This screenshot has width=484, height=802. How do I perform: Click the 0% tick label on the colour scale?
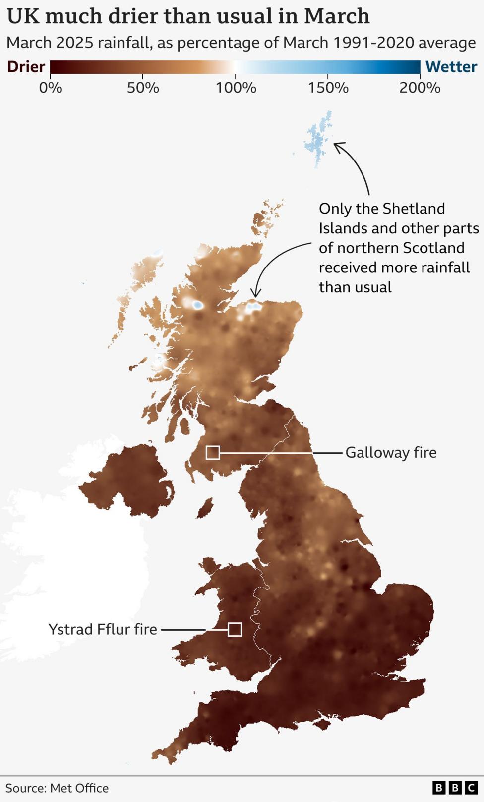click(x=51, y=88)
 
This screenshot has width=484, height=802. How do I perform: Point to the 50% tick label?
click(x=143, y=88)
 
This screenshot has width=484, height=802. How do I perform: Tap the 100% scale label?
click(x=236, y=88)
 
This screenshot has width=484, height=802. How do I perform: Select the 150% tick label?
click(x=328, y=88)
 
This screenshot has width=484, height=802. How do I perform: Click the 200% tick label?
click(x=420, y=88)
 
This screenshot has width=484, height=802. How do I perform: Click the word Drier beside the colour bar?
click(x=26, y=67)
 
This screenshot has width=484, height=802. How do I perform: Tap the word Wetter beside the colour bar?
click(x=451, y=67)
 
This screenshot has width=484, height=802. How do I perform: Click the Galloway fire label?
click(x=391, y=453)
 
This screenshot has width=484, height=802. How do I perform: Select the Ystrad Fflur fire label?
click(x=103, y=629)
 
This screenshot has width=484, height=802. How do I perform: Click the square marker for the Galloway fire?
click(x=213, y=452)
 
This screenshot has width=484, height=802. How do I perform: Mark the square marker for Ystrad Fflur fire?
click(x=235, y=629)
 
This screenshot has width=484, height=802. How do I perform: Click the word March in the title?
click(x=336, y=17)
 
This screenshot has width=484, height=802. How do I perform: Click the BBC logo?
click(x=455, y=788)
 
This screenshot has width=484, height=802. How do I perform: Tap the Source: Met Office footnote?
click(x=57, y=788)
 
